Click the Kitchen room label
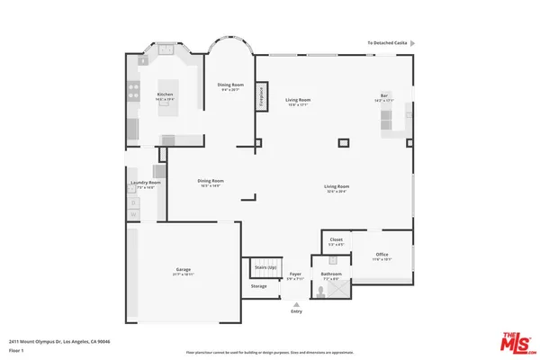(165, 94)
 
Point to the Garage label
(183, 269)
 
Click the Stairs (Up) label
(265, 267)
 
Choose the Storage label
(258, 286)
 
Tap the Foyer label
(294, 273)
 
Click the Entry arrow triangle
(296, 304)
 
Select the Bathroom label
(330, 274)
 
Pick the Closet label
(336, 239)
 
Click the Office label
(382, 255)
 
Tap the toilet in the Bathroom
(321, 290)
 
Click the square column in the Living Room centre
(344, 141)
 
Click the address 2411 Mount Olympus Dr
(58, 342)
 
